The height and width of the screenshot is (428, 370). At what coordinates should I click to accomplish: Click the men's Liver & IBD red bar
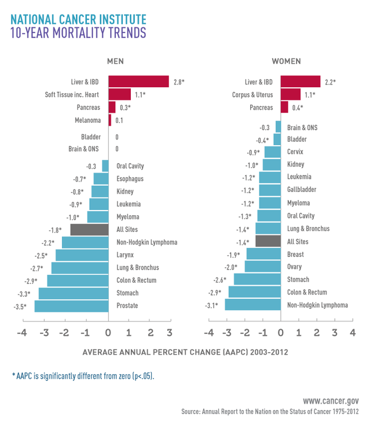[x=138, y=82]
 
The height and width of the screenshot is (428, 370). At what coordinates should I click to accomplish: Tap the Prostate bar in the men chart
[x=71, y=305]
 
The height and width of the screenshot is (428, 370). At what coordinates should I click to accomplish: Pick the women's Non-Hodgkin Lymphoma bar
[x=252, y=305]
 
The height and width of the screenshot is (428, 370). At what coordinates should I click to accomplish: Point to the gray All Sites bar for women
[x=268, y=242]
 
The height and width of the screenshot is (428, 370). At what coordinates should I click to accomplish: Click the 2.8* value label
[x=178, y=82]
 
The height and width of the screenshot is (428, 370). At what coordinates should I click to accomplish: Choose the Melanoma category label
[x=87, y=120]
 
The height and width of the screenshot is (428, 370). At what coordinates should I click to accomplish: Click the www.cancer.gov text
[x=331, y=400]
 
